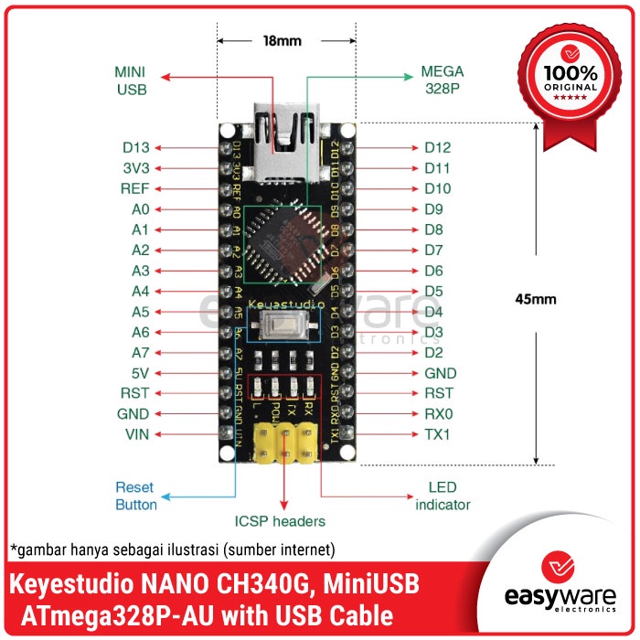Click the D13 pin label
(x=135, y=147)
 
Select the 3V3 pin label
(x=135, y=168)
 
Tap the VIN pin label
(x=136, y=434)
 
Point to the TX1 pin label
(x=437, y=434)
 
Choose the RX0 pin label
(x=437, y=413)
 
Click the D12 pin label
(x=437, y=147)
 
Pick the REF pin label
(x=135, y=189)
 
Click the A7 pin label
(x=139, y=353)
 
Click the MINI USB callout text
(x=131, y=80)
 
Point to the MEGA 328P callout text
(x=443, y=80)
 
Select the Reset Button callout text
(x=136, y=496)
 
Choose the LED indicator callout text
(x=443, y=496)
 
